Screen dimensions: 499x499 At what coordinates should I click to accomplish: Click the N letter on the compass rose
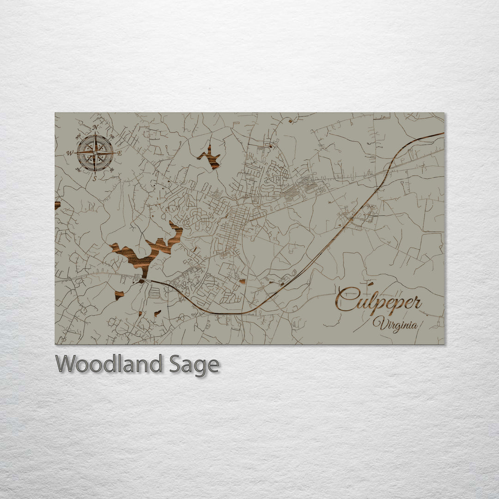coord(95,128)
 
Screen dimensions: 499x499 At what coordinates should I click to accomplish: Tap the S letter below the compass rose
coord(95,178)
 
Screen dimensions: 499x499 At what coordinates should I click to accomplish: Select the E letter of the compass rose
coord(119,153)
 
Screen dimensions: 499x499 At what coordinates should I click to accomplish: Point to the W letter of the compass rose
coord(70,153)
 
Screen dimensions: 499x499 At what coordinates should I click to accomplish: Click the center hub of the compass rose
coord(95,152)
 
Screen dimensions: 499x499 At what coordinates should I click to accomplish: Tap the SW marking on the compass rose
coord(79,169)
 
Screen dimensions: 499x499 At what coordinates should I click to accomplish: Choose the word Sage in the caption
coord(194,365)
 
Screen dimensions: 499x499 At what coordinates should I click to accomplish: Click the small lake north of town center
coord(211,158)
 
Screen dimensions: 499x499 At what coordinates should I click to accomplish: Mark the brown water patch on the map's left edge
coord(57,205)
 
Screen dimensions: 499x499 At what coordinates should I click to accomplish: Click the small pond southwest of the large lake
coord(119,294)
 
